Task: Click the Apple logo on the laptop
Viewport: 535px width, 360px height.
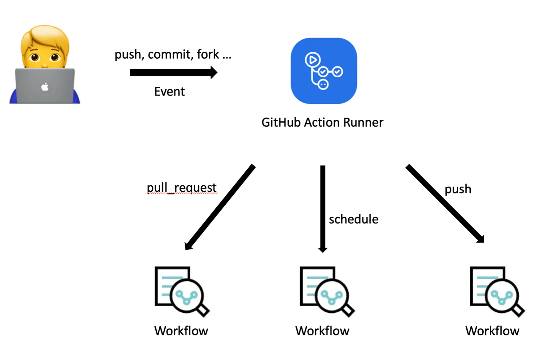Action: (x=45, y=87)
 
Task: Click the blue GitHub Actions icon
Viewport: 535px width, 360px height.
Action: (x=324, y=71)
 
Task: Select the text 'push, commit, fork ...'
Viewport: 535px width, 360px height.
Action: (x=173, y=55)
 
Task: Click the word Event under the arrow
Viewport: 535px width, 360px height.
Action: (x=169, y=92)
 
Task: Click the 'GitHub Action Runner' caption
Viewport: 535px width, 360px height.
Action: (x=322, y=122)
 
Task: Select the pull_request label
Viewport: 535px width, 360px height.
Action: (x=182, y=188)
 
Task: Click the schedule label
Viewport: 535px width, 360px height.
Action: (x=353, y=219)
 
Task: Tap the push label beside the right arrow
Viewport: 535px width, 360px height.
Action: (x=458, y=189)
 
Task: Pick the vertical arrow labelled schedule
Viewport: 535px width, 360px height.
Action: (x=323, y=208)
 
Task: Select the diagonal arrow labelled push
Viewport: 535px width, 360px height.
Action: (x=445, y=203)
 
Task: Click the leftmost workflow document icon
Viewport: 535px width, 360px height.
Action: (x=181, y=291)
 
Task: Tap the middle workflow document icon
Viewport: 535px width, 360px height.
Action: (x=326, y=291)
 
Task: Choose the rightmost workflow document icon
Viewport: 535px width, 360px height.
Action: (x=496, y=291)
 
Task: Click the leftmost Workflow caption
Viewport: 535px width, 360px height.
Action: (x=181, y=331)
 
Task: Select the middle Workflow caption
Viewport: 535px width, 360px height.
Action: (x=322, y=331)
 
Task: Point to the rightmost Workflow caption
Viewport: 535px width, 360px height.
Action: (x=492, y=331)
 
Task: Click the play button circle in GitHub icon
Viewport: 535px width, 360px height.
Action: (x=313, y=60)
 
